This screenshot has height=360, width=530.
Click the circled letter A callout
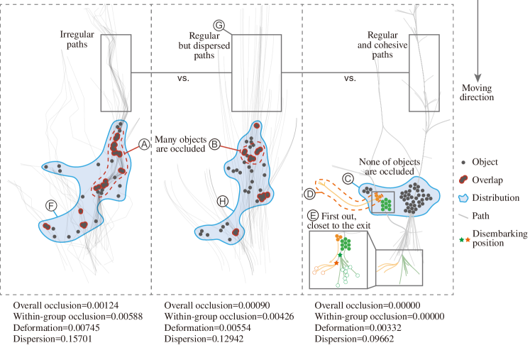click(144, 144)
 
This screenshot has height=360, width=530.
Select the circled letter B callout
click(215, 144)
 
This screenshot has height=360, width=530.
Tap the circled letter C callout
click(348, 179)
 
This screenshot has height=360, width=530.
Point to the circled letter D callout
click(309, 194)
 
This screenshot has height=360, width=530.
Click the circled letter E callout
click(313, 216)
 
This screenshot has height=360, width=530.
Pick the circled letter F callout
click(51, 205)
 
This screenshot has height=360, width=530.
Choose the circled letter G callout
click(219, 26)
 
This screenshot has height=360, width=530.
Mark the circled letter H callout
click(222, 202)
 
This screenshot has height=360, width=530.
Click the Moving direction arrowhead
click(477, 78)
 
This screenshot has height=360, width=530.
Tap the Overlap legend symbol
click(463, 180)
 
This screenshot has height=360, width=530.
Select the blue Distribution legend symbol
click(463, 197)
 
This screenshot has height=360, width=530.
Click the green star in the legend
click(461, 239)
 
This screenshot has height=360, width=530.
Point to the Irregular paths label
click(77, 39)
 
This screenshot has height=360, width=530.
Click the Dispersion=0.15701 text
click(53, 339)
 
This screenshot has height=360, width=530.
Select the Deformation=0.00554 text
click(208, 327)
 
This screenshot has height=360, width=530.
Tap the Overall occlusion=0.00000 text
click(368, 305)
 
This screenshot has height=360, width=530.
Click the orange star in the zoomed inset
click(336, 263)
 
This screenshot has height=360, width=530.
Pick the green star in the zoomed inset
click(340, 255)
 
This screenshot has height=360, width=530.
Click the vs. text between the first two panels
click(183, 78)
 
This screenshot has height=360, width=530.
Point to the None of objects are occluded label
click(390, 166)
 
